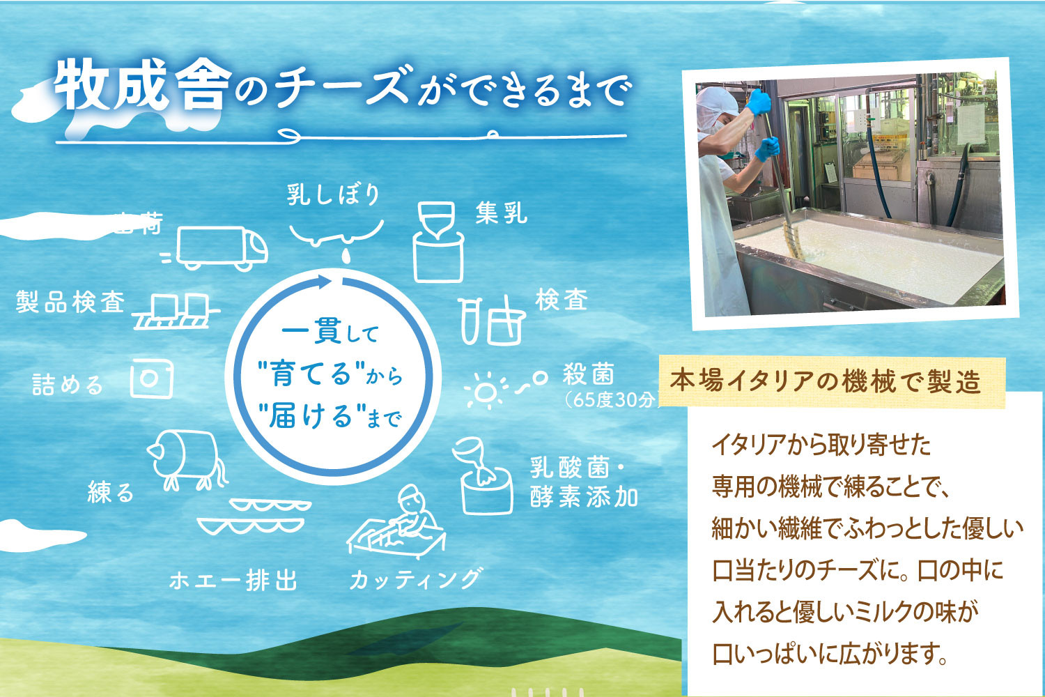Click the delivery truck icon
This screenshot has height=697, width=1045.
[222, 247]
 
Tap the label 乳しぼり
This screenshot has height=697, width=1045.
[334, 194]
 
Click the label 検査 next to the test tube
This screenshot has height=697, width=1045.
[562, 300]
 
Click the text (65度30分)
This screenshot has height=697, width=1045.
[610, 401]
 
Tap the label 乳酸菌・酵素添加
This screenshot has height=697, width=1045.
[584, 482]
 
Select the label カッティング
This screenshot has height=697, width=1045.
[416, 579]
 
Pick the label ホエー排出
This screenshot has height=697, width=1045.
[233, 580]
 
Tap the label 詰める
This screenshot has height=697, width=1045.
[68, 384]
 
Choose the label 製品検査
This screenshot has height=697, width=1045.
[70, 302]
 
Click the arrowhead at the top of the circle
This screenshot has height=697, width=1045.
[324, 282]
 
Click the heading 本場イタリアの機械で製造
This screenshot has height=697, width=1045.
[826, 381]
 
